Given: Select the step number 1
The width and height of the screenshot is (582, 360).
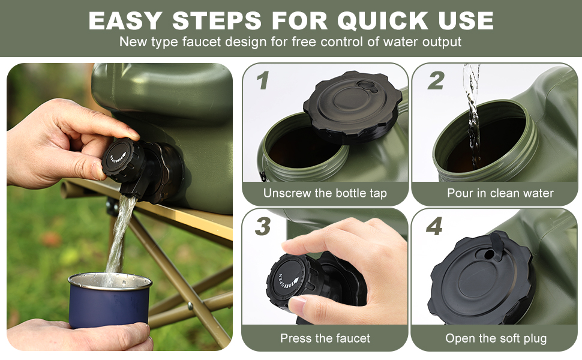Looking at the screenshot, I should (262, 81).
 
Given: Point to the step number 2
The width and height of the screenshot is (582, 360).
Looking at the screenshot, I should (436, 81).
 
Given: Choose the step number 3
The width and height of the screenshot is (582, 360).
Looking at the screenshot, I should (262, 227).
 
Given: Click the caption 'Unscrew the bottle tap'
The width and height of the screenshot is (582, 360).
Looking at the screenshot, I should (325, 193).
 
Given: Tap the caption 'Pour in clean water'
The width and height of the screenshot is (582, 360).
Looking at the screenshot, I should (500, 193).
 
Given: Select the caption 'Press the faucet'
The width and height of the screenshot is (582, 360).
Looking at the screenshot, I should (325, 338).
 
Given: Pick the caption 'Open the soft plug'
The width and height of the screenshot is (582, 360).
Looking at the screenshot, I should (496, 338).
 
